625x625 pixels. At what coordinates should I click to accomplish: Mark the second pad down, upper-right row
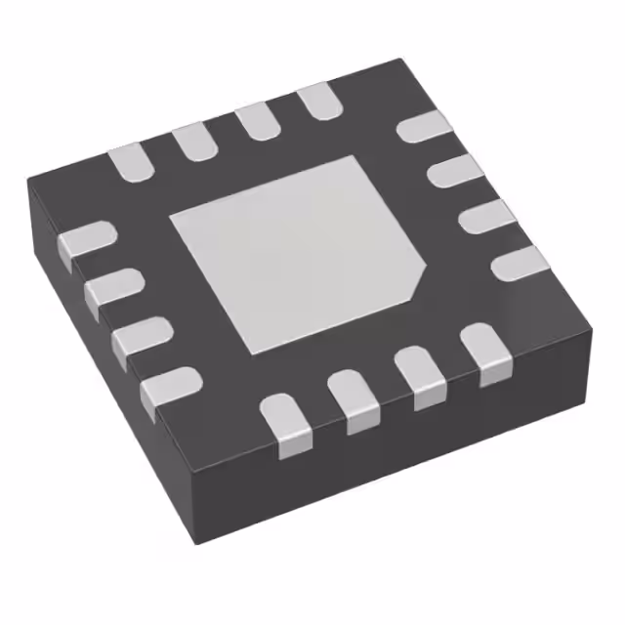point(455,173)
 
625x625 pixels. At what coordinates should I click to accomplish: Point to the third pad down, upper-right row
point(485,218)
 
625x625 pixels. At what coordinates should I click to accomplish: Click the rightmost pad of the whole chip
point(519,263)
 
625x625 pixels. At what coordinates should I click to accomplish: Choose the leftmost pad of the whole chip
point(86,241)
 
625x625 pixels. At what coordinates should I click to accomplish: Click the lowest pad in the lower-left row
point(168,388)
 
